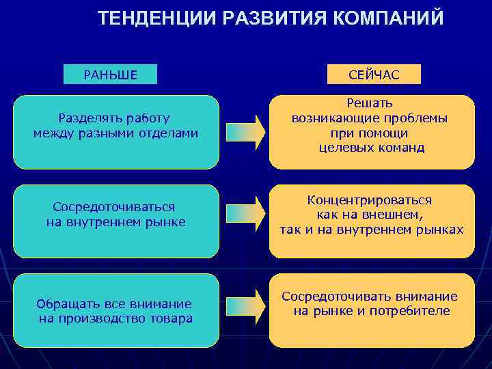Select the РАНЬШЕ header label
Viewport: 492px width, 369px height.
110,74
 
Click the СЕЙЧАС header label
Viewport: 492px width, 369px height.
374,74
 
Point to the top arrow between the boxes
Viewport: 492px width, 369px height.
245,133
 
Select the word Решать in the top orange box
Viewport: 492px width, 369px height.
370,103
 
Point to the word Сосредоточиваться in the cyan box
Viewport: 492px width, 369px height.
114,206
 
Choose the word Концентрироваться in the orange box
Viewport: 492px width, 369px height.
370,200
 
